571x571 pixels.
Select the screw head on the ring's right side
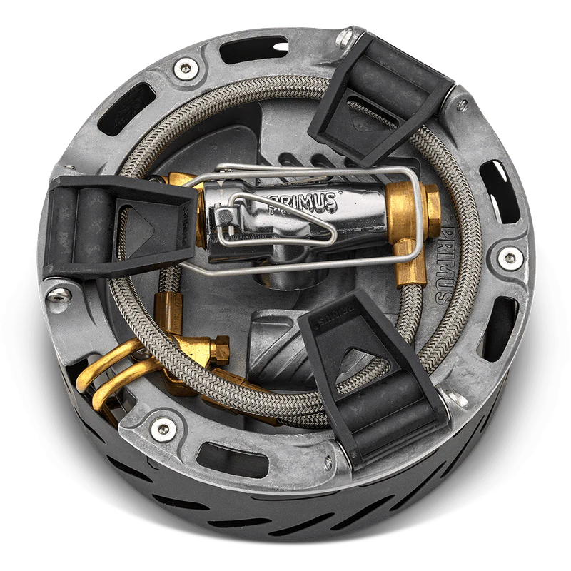coord(509,256)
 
